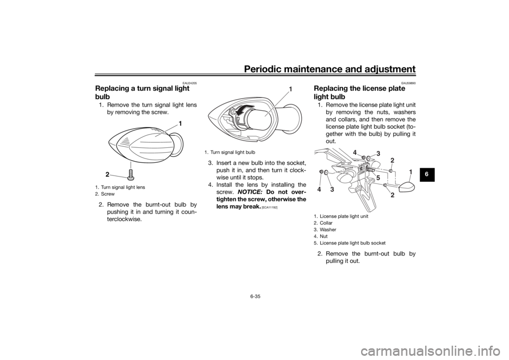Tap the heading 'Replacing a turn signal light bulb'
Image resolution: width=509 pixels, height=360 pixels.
pyautogui.click(x=142, y=92)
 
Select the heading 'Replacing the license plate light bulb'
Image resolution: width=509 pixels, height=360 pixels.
pyautogui.click(x=359, y=92)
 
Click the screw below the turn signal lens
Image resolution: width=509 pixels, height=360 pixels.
pyautogui.click(x=131, y=174)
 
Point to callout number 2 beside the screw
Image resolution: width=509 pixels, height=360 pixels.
pyautogui.click(x=107, y=174)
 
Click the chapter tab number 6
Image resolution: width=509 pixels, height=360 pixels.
pyautogui.click(x=426, y=174)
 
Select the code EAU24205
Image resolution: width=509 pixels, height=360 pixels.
pyautogui.click(x=190, y=83)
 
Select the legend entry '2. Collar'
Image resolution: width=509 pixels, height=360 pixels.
pyautogui.click(x=323, y=223)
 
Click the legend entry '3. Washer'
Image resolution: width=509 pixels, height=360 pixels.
pyautogui.click(x=325, y=230)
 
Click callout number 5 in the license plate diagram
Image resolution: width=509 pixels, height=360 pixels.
pyautogui.click(x=378, y=178)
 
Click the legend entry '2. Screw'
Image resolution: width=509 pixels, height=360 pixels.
pyautogui.click(x=105, y=194)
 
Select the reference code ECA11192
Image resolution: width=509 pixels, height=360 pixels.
pyautogui.click(x=269, y=207)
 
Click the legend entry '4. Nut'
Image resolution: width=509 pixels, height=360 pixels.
pyautogui.click(x=321, y=236)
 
